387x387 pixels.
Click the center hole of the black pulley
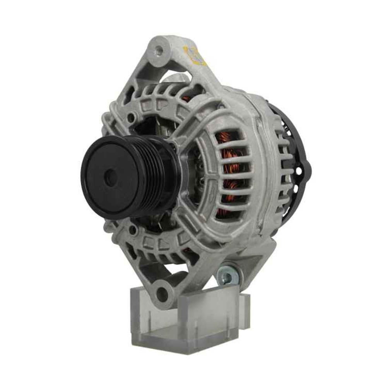click(x=111, y=178)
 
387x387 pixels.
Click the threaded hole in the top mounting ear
click(x=158, y=50)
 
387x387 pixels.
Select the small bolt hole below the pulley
click(x=133, y=230)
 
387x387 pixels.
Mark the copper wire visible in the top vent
click(x=188, y=98)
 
